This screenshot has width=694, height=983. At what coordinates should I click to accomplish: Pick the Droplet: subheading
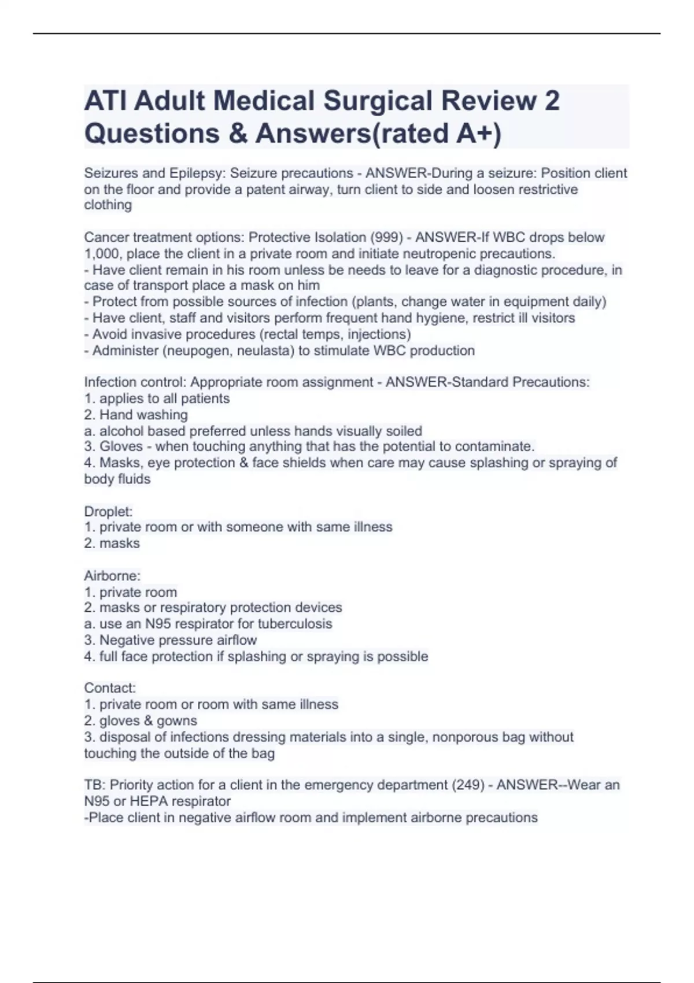pos(108,512)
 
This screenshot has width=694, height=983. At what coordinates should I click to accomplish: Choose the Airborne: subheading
pos(112,576)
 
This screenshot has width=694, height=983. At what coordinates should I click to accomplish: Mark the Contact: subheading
pos(110,688)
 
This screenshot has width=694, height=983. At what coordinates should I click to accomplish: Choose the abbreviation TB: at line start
pos(95,785)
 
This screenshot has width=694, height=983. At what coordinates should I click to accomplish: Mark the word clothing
pos(108,205)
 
